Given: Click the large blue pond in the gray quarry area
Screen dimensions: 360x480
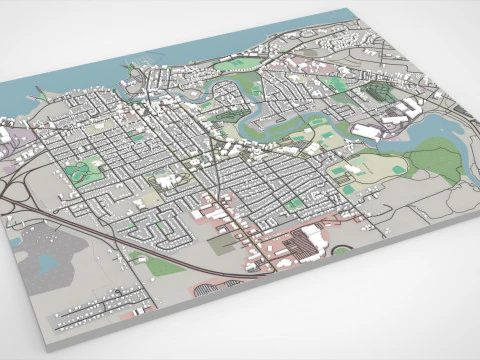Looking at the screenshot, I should [48, 263].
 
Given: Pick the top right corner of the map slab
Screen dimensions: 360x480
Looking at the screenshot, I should [352, 11].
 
